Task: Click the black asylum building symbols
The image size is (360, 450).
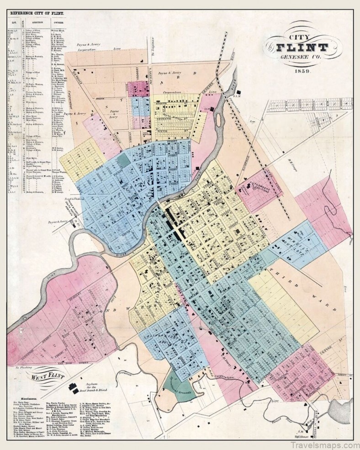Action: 73,388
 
